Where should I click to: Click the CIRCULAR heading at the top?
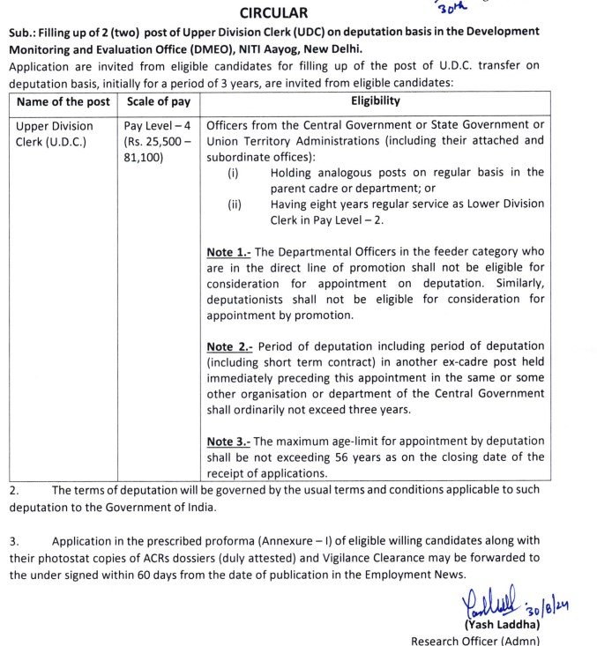pyautogui.click(x=274, y=13)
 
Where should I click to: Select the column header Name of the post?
pyautogui.click(x=63, y=101)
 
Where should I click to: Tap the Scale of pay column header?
pyautogui.click(x=157, y=101)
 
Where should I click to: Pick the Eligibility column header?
pyautogui.click(x=376, y=100)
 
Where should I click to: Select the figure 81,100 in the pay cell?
pyautogui.click(x=145, y=157)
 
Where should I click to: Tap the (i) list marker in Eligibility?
pyautogui.click(x=234, y=173)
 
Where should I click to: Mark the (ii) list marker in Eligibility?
pyautogui.click(x=235, y=204)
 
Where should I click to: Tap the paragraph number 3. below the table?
pyautogui.click(x=14, y=539)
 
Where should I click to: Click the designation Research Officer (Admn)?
pyautogui.click(x=475, y=640)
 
